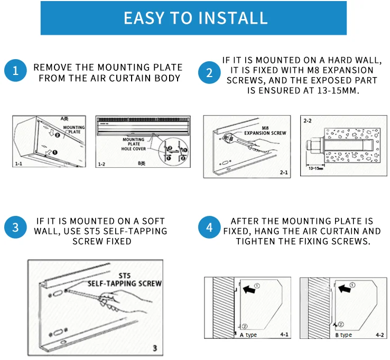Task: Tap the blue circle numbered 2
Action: [209, 72]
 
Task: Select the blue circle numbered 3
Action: [15, 228]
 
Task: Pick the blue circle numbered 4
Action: [209, 228]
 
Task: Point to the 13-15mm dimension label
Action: [316, 168]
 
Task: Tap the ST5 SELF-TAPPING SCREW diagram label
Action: [125, 280]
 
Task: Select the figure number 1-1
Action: [18, 164]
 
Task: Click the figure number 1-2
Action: [103, 165]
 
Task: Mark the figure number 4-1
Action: [284, 334]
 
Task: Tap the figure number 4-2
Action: [379, 335]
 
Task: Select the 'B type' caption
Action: [343, 335]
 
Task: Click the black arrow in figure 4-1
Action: [247, 289]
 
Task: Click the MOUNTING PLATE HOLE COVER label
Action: [133, 145]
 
